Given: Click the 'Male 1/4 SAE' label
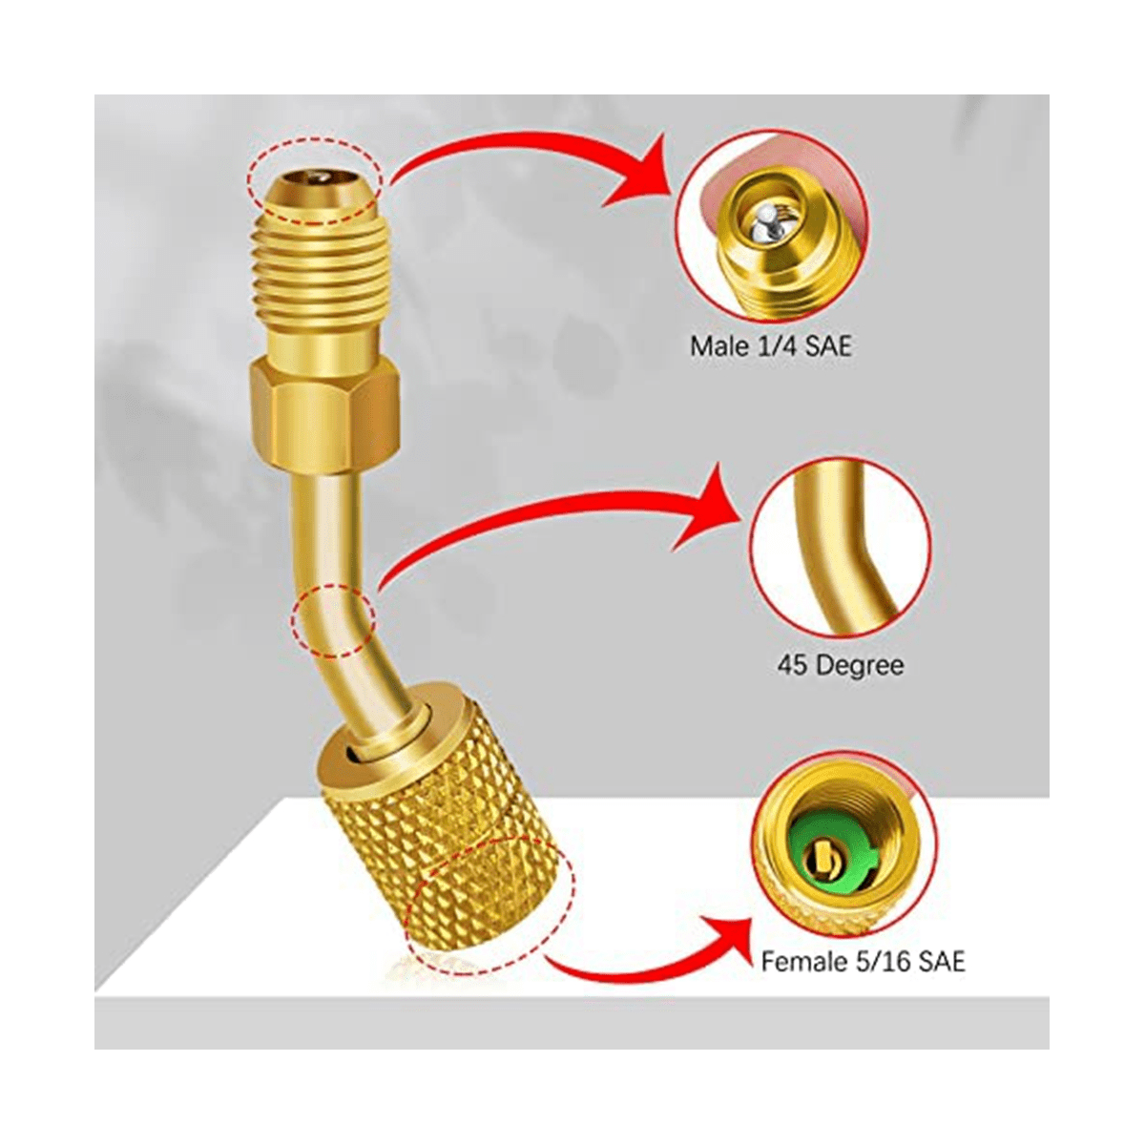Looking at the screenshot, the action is (x=770, y=346).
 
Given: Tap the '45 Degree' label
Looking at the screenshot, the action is (x=841, y=664).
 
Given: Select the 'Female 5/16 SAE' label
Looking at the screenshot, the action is (x=863, y=961).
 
